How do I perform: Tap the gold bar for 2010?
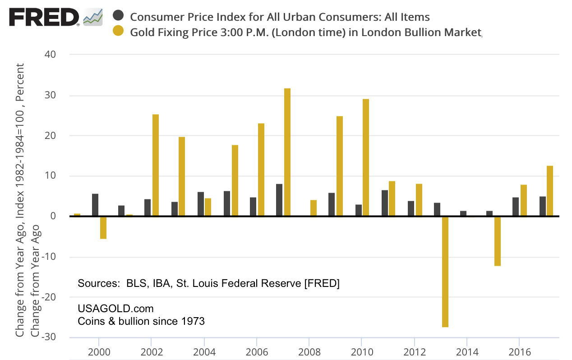pyautogui.click(x=366, y=157)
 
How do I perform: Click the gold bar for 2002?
pyautogui.click(x=156, y=165)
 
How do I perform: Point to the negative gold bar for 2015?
pyautogui.click(x=498, y=241)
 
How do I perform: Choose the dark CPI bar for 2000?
pyautogui.click(x=95, y=205)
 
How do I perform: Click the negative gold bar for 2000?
pyautogui.click(x=103, y=227)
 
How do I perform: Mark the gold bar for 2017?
pyautogui.click(x=550, y=191)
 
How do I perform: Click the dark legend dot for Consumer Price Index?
pyautogui.click(x=118, y=17)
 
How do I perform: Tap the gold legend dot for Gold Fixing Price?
pyautogui.click(x=118, y=32)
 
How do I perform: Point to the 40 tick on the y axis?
pyautogui.click(x=50, y=55)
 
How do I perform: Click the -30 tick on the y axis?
pyautogui.click(x=49, y=337)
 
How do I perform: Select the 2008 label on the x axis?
pyautogui.click(x=309, y=351)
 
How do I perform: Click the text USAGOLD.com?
pyautogui.click(x=116, y=309)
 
